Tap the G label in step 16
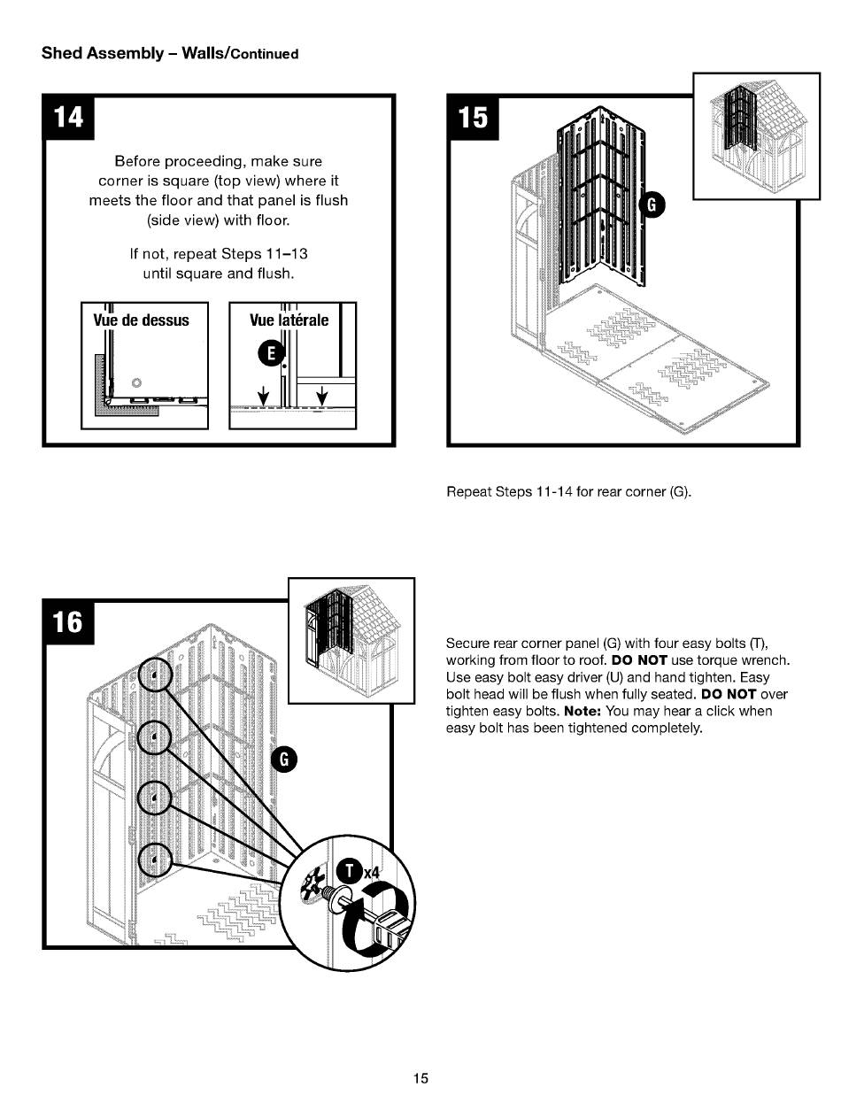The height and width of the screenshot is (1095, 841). click(284, 760)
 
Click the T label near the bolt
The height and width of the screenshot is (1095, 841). click(351, 872)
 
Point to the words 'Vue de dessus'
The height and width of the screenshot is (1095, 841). click(142, 320)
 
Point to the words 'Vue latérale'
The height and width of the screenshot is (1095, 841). click(289, 320)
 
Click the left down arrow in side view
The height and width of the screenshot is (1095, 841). click(263, 396)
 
